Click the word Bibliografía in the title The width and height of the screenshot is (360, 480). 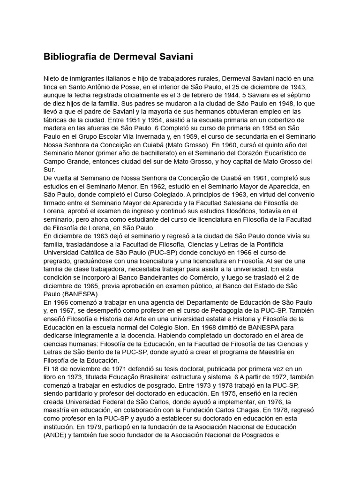[x=69, y=57]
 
